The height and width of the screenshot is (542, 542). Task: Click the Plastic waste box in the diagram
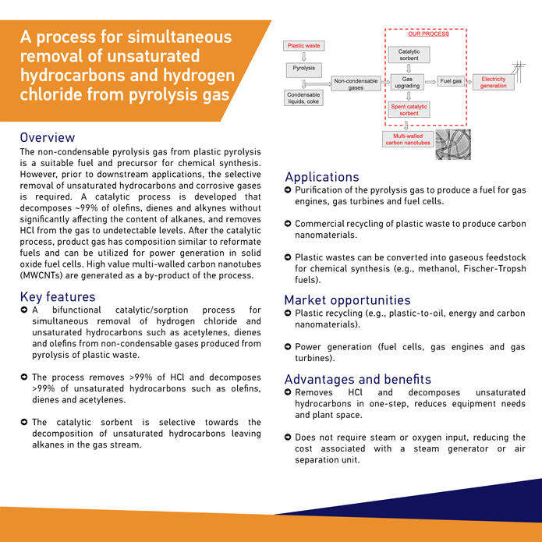[304, 46]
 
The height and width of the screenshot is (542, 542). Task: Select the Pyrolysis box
[304, 68]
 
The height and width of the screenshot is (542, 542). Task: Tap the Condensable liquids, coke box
[304, 97]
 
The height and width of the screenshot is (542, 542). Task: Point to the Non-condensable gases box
[356, 83]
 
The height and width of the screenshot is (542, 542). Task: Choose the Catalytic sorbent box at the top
[409, 55]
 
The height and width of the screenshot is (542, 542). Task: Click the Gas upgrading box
[408, 82]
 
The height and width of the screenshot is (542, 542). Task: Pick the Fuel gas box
[451, 81]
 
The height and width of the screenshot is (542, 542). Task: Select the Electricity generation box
[493, 82]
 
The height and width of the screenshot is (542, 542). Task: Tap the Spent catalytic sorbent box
[409, 109]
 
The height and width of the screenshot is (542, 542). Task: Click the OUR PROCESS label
[428, 34]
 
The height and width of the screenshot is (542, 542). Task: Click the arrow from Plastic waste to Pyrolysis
[304, 56]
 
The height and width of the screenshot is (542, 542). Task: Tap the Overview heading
[48, 138]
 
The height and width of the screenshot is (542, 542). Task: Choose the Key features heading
[58, 296]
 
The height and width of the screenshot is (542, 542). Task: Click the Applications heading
[322, 177]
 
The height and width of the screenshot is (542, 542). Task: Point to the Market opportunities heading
[347, 300]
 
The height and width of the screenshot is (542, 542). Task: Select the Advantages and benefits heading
[357, 379]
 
